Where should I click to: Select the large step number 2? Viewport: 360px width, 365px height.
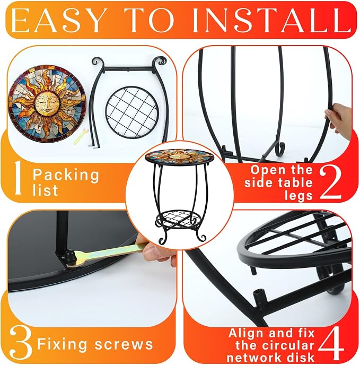pos(330,183)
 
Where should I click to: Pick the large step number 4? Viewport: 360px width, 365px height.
pos(331,344)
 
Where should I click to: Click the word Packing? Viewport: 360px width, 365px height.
pos(66,175)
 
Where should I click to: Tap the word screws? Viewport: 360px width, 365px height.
pos(124,344)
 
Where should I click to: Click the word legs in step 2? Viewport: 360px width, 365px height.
pos(298,196)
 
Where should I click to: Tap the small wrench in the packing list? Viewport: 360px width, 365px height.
pos(81,137)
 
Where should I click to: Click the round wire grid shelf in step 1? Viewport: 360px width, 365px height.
pos(132,112)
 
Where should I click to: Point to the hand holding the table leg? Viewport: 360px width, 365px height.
pos(339,121)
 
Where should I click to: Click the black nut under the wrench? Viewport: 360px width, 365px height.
pos(68,257)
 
